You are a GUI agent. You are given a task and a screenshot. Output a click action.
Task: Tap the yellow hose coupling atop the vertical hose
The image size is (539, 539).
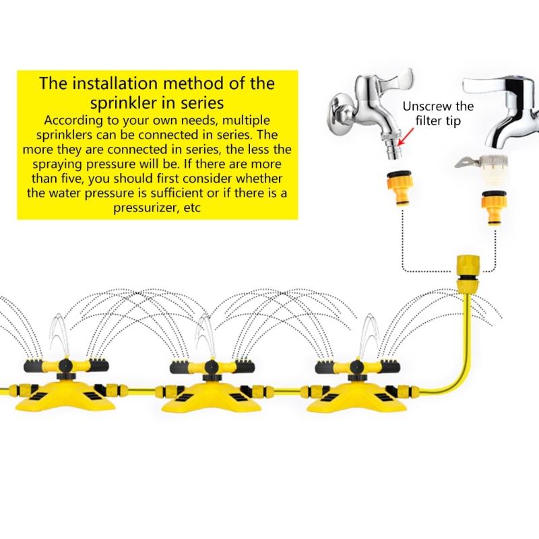(467, 269)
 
